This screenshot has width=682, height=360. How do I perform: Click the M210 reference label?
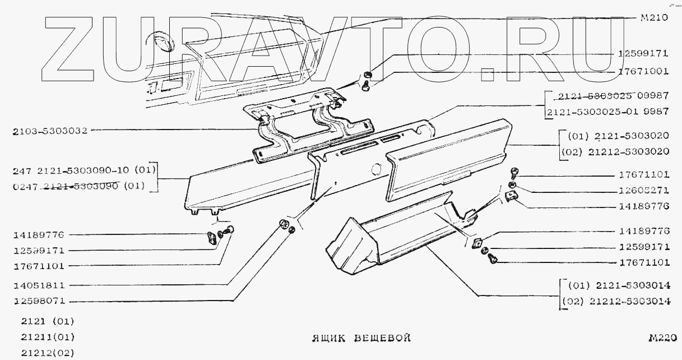653,17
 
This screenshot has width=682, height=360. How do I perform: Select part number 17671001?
643,71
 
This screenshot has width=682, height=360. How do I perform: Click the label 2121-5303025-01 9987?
609,111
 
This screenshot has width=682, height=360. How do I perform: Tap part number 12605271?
643,190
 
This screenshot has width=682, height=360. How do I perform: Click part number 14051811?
39,285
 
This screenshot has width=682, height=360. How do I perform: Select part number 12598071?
39,301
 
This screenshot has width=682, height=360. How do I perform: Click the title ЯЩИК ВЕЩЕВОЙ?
361,338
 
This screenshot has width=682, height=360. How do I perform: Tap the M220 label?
662,338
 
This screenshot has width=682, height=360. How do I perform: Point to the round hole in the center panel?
376,168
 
